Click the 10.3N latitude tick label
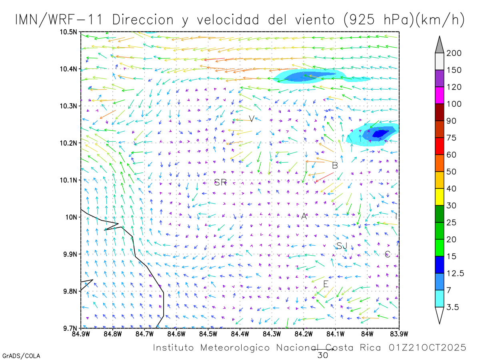point(69,106)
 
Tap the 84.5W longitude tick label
point(208,334)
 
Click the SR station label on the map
point(220,183)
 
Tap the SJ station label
point(342,246)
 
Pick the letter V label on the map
point(252,119)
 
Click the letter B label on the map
point(335,165)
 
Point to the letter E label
point(326,284)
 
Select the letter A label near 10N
point(304,216)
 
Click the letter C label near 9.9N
point(387,254)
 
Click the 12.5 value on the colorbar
point(455,273)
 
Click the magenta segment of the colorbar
point(439,96)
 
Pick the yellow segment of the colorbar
point(439,197)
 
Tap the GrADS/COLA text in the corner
point(21,356)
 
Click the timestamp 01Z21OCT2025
point(427,348)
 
